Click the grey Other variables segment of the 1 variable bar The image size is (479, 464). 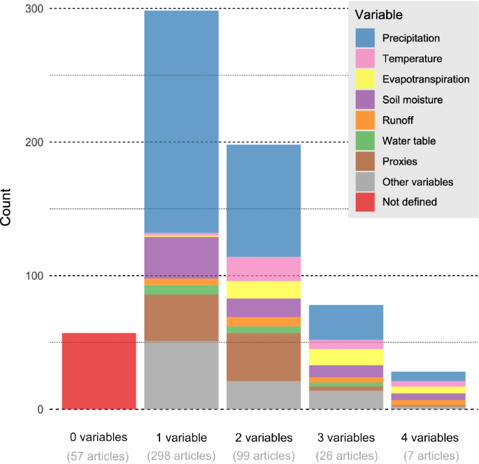(x=181, y=375)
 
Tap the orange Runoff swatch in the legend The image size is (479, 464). (x=364, y=120)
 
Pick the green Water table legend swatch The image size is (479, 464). (x=364, y=141)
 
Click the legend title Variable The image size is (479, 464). (x=378, y=15)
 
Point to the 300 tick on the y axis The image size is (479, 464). (x=33, y=8)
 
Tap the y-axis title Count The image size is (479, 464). (x=8, y=209)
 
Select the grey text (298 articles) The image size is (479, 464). (x=181, y=456)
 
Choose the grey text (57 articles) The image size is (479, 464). (x=99, y=456)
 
